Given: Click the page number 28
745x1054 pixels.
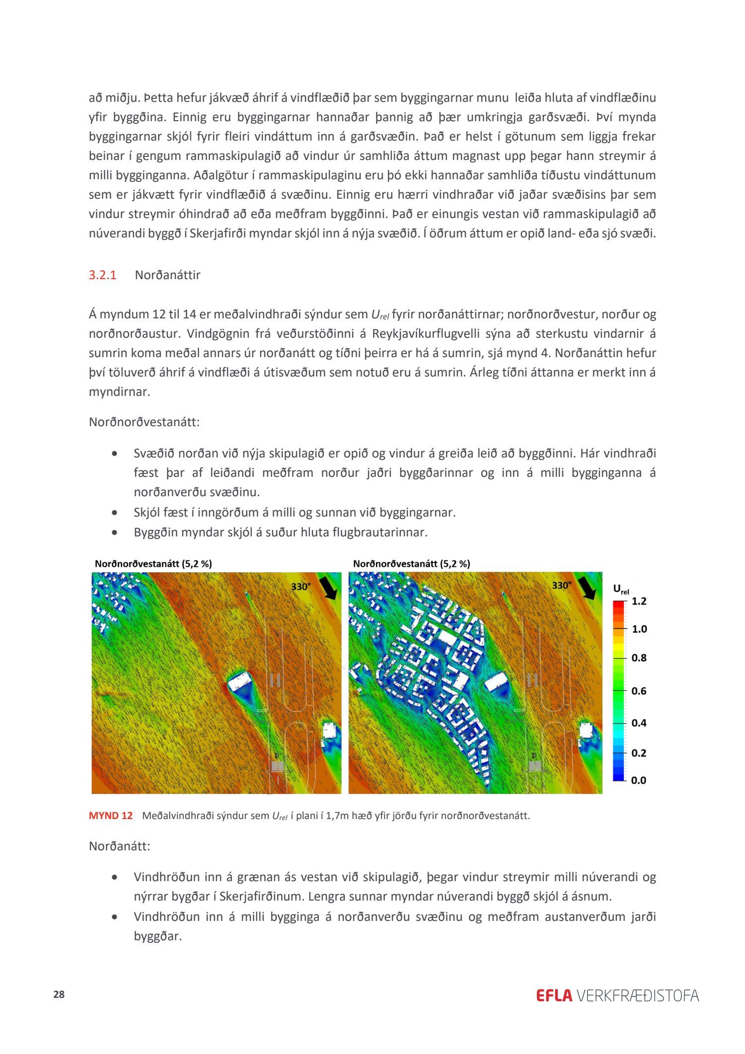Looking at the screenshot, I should [x=59, y=994].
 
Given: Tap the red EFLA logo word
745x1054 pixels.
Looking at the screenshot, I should [x=554, y=995].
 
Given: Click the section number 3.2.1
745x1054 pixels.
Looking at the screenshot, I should [x=102, y=275].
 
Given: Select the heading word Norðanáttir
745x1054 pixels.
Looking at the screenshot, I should [x=167, y=275].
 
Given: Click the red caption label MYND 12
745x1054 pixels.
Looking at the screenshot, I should [x=111, y=816].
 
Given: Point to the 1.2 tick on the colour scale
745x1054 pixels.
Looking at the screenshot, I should [x=639, y=602].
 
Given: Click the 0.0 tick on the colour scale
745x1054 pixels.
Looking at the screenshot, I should [x=638, y=780].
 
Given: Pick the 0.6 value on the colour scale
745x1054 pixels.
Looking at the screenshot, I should [x=639, y=691].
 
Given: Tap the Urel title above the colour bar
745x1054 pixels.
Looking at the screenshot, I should [x=621, y=590].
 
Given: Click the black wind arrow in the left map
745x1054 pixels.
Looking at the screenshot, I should [x=328, y=588].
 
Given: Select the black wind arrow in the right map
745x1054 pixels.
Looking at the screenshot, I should [x=588, y=588].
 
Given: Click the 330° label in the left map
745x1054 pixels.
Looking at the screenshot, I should [x=300, y=587].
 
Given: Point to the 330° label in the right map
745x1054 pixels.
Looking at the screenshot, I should [x=561, y=586].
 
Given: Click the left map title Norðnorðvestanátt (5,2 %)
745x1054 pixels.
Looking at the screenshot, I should [x=153, y=564].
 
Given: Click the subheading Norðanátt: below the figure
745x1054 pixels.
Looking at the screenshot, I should [x=119, y=846].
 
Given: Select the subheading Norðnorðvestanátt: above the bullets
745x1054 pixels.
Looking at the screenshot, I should [x=144, y=422].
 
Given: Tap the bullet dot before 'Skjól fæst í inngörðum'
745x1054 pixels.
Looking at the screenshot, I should [x=115, y=513].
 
